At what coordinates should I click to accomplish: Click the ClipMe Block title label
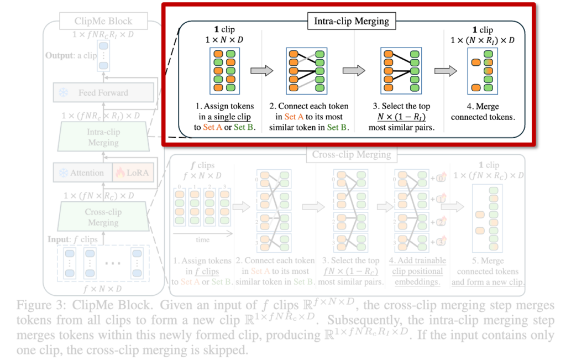[x=103, y=22]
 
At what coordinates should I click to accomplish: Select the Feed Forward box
[x=103, y=93]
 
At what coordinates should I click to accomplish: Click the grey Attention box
[x=81, y=173]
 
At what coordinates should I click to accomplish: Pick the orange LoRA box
[x=133, y=173]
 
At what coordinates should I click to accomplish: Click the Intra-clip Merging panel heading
[x=352, y=22]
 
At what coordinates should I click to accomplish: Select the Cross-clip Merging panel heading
[x=352, y=155]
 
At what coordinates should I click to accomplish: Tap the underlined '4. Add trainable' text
[x=417, y=260]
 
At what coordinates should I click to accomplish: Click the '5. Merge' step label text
[x=488, y=260]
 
